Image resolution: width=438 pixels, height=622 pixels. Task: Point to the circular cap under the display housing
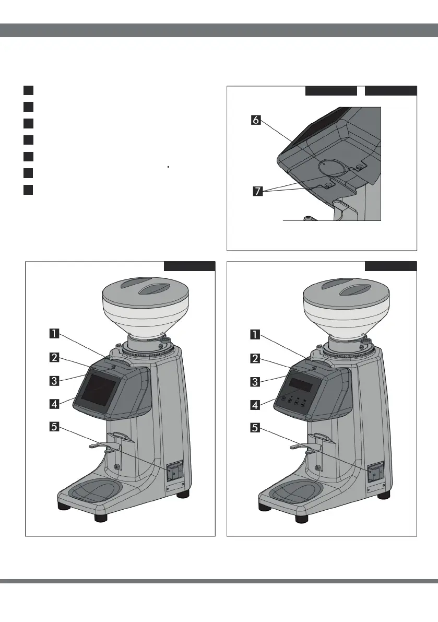(x=329, y=166)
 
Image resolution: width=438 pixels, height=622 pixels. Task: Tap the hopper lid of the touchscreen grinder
(x=144, y=290)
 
